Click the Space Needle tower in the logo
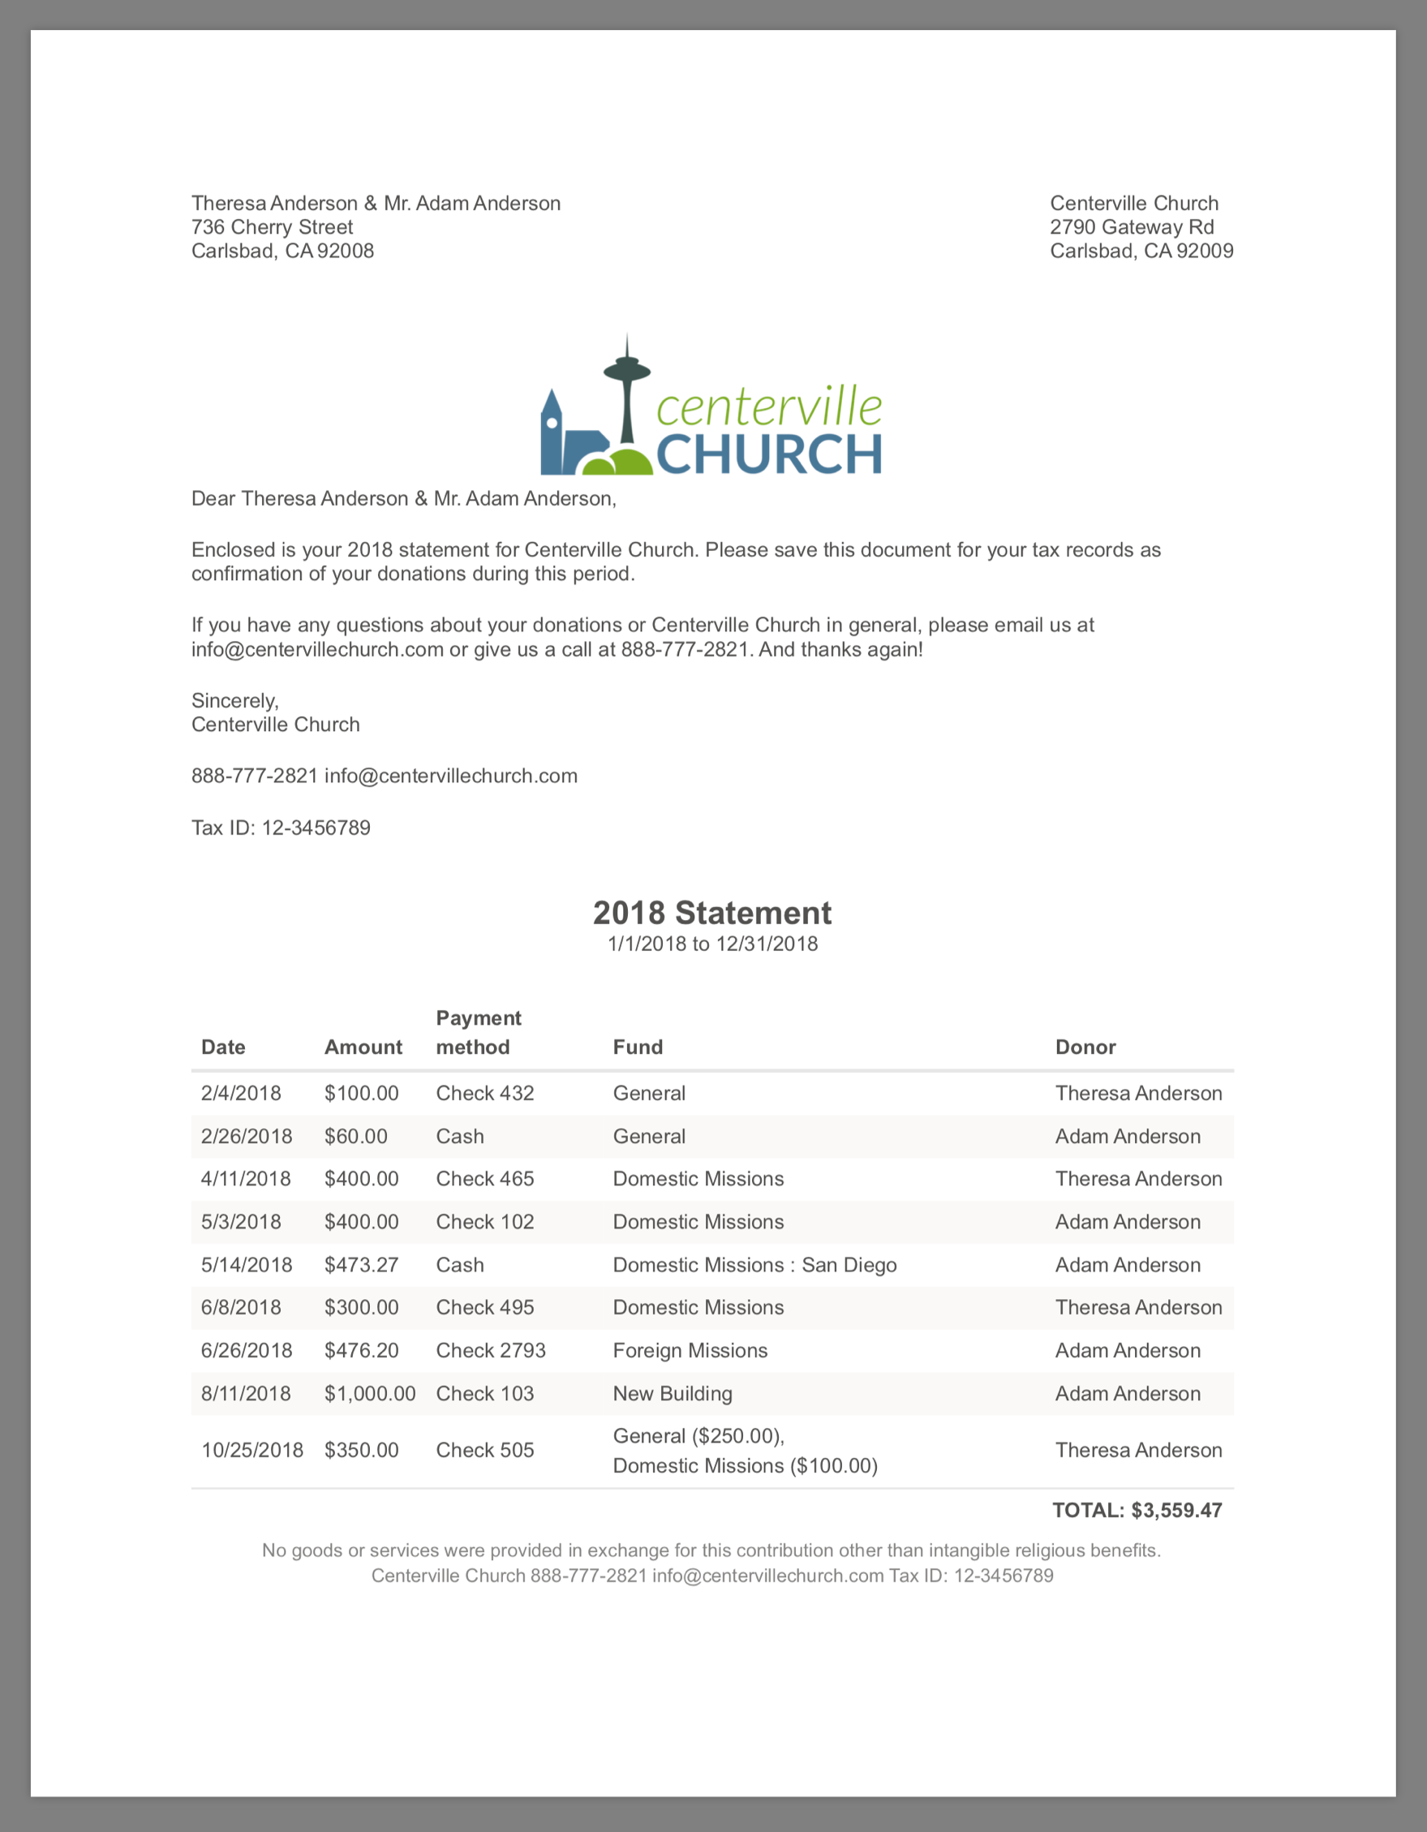(x=626, y=394)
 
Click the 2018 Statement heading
(x=712, y=913)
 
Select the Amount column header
(x=363, y=1047)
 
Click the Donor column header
(x=1085, y=1047)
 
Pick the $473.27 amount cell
(x=362, y=1265)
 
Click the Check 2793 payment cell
(x=491, y=1351)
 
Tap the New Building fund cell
(x=673, y=1393)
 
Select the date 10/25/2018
(x=252, y=1451)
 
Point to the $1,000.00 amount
(x=370, y=1393)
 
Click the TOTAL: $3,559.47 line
(x=1137, y=1511)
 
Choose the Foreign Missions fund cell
(x=690, y=1351)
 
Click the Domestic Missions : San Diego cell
(x=755, y=1265)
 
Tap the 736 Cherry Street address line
(x=272, y=227)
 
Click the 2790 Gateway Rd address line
(x=1132, y=227)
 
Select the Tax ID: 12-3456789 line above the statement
(x=281, y=828)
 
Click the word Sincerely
(x=235, y=700)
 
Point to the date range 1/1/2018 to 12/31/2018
(x=712, y=944)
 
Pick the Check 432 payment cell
(x=485, y=1093)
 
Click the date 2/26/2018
(x=247, y=1137)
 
